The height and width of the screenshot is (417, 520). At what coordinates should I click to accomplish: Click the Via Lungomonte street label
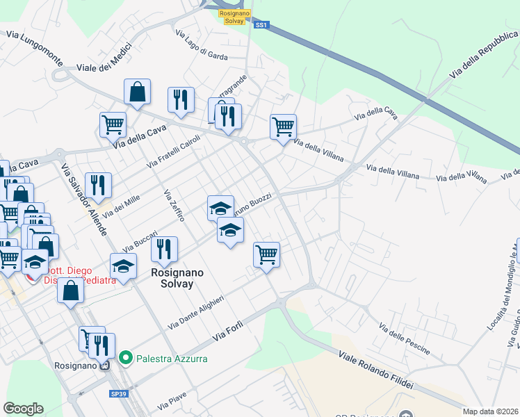point(34,47)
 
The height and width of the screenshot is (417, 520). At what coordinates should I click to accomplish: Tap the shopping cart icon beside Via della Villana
point(283,127)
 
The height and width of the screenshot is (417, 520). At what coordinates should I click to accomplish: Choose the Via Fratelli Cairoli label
point(173,151)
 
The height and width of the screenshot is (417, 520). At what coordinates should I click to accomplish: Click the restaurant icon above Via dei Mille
point(99,186)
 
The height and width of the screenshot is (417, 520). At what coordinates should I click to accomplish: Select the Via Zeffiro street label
point(174,206)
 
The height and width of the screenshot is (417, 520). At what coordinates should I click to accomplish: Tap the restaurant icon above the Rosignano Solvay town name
point(164,249)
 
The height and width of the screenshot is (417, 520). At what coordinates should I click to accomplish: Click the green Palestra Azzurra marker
point(126,359)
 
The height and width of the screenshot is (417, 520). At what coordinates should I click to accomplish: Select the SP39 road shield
point(118,393)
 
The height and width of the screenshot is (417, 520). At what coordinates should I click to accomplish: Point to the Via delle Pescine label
point(405,338)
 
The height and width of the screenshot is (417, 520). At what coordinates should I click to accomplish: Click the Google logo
point(23,409)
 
